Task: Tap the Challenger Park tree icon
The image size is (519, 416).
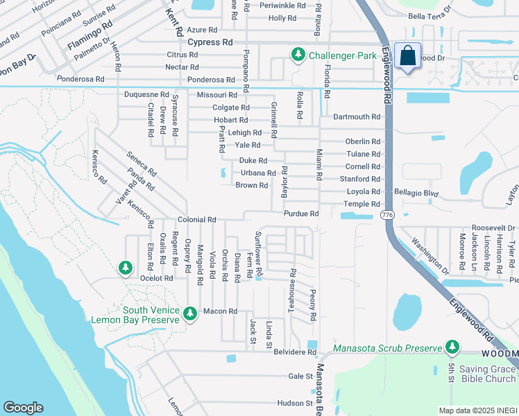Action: [x=298, y=54]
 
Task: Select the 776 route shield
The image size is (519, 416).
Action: [x=387, y=216]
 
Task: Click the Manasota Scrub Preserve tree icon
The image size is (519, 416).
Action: [x=452, y=346]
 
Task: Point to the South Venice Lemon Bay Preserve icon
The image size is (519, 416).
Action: [x=189, y=315]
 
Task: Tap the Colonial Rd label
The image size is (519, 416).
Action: [x=196, y=219]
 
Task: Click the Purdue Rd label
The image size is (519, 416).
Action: [x=301, y=214]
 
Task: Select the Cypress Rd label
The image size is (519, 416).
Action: [x=210, y=42]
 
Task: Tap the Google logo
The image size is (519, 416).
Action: [x=23, y=408]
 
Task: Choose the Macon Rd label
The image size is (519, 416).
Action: [x=221, y=311]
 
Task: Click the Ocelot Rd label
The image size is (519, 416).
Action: [x=155, y=278]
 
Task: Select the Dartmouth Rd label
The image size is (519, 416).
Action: [x=357, y=117]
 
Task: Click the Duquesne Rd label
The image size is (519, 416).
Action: [x=146, y=94]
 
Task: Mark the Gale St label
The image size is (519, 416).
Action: [x=300, y=376]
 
